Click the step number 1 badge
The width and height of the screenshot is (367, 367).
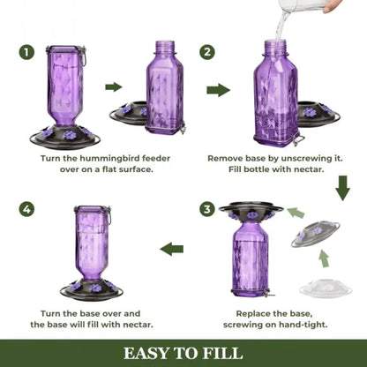[x=28, y=52]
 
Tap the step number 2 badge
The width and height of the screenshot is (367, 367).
[x=207, y=52]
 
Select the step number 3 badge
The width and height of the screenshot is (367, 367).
[x=207, y=209]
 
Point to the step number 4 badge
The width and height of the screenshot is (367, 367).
[x=28, y=209]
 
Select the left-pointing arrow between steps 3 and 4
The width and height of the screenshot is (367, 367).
[x=171, y=249]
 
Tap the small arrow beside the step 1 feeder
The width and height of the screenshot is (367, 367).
[x=113, y=86]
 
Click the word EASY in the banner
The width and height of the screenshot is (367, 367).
[x=148, y=354]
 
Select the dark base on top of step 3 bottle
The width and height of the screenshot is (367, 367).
[x=252, y=212]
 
